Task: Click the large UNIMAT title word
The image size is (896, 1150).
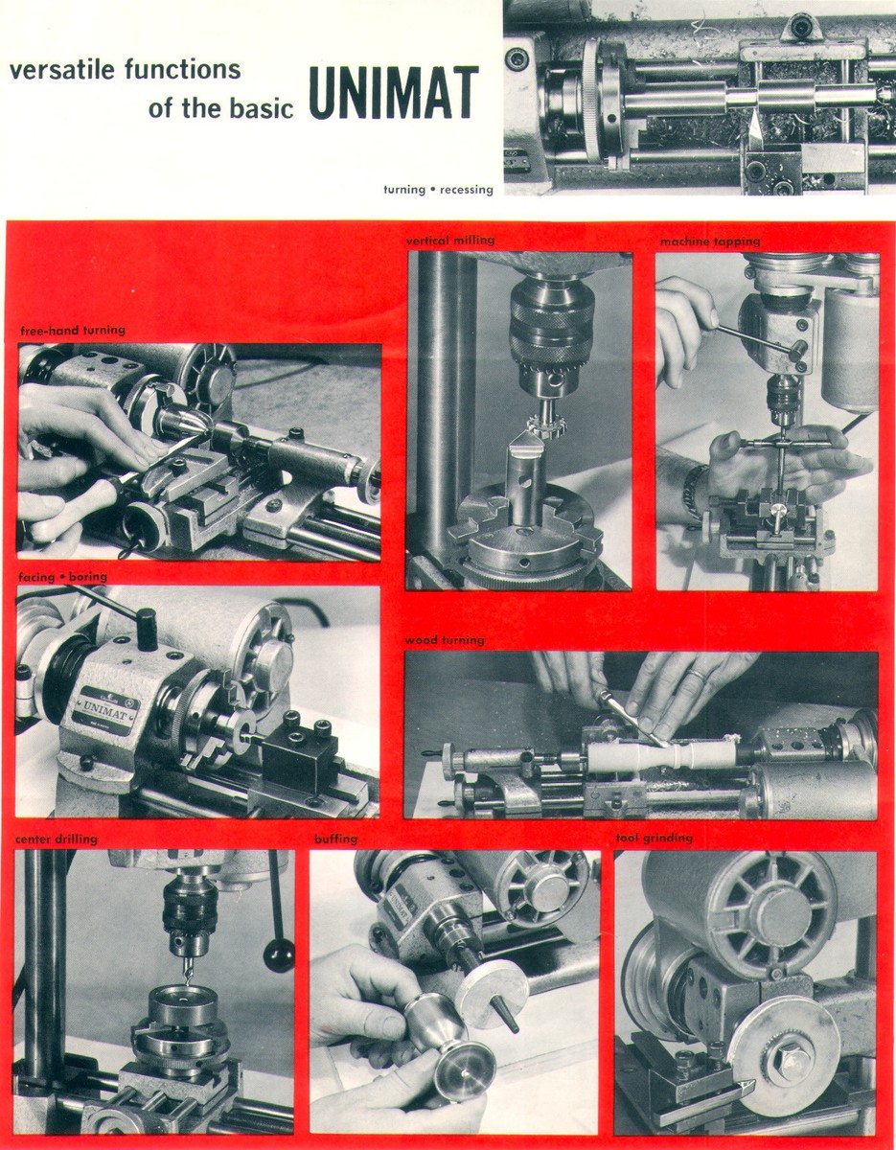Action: tap(393, 93)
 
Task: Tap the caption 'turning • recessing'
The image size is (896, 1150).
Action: tap(438, 190)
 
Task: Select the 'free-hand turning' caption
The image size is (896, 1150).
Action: tap(73, 331)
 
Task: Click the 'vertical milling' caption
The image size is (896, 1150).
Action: tap(450, 240)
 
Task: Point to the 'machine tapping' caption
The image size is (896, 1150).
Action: tap(709, 241)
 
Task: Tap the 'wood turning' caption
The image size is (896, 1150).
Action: tap(445, 639)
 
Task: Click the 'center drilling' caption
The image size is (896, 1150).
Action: tap(56, 839)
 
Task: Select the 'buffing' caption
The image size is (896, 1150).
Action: tap(335, 839)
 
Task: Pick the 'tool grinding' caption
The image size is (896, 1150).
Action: tap(654, 839)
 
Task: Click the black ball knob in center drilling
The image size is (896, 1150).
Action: tap(279, 955)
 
